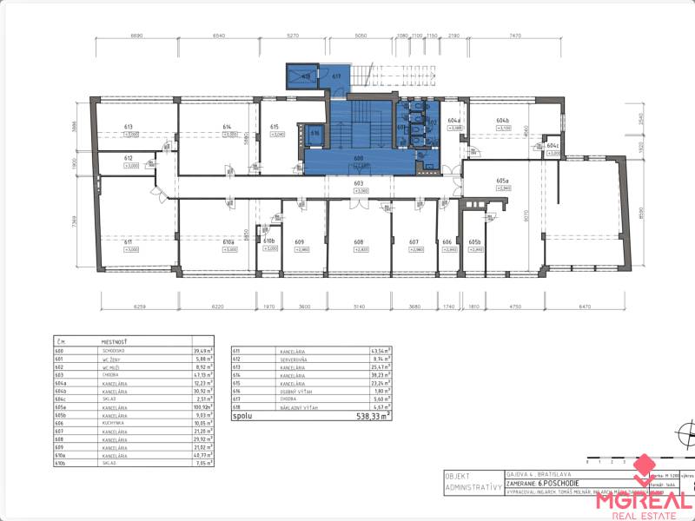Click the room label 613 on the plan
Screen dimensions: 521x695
pos(129,127)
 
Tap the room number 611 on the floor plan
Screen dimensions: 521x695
pos(128,242)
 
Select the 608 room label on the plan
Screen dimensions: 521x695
pos(358,242)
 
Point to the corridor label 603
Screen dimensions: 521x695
pos(358,183)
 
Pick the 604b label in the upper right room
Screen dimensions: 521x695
pos(502,121)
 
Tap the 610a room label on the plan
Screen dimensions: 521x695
pos(229,242)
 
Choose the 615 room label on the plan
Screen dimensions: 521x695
pos(274,127)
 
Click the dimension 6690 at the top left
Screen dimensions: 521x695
pos(136,36)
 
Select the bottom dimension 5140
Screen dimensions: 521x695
pos(359,307)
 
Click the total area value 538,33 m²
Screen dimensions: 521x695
pos(370,417)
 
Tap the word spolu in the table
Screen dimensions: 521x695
pos(243,417)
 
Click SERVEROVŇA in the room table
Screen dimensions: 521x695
pos(295,358)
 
